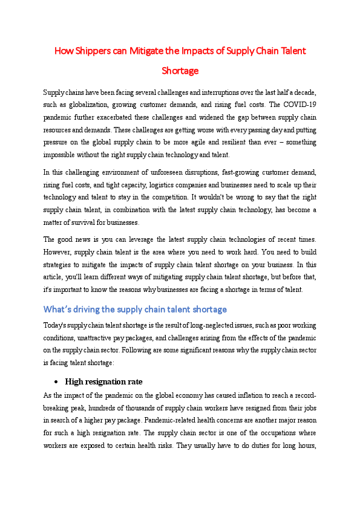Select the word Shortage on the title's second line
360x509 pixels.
[180, 71]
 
